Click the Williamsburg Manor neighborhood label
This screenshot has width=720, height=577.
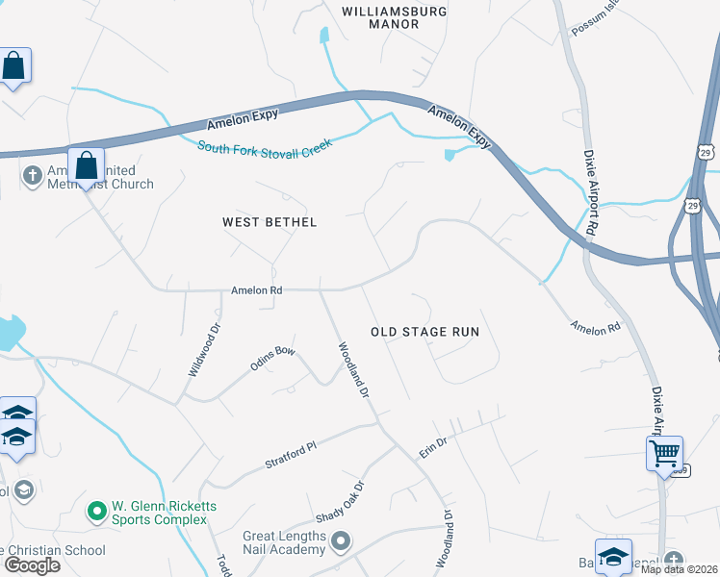click(x=381, y=17)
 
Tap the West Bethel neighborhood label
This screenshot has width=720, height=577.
click(x=270, y=222)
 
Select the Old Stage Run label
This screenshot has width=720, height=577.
click(x=424, y=332)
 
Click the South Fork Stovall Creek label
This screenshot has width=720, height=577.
click(x=264, y=145)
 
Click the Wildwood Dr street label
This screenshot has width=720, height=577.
click(x=203, y=348)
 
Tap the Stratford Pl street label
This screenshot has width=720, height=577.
click(x=290, y=457)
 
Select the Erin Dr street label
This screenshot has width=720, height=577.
click(x=434, y=446)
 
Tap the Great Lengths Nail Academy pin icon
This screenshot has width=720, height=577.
click(x=340, y=543)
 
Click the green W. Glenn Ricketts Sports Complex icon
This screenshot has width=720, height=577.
click(x=96, y=511)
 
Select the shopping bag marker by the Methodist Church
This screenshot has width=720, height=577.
click(x=86, y=165)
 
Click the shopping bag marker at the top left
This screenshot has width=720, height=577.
click(x=13, y=66)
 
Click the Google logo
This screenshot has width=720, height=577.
click(x=32, y=565)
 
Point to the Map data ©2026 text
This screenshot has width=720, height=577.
click(x=680, y=569)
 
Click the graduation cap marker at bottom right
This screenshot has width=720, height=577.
click(x=613, y=557)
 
